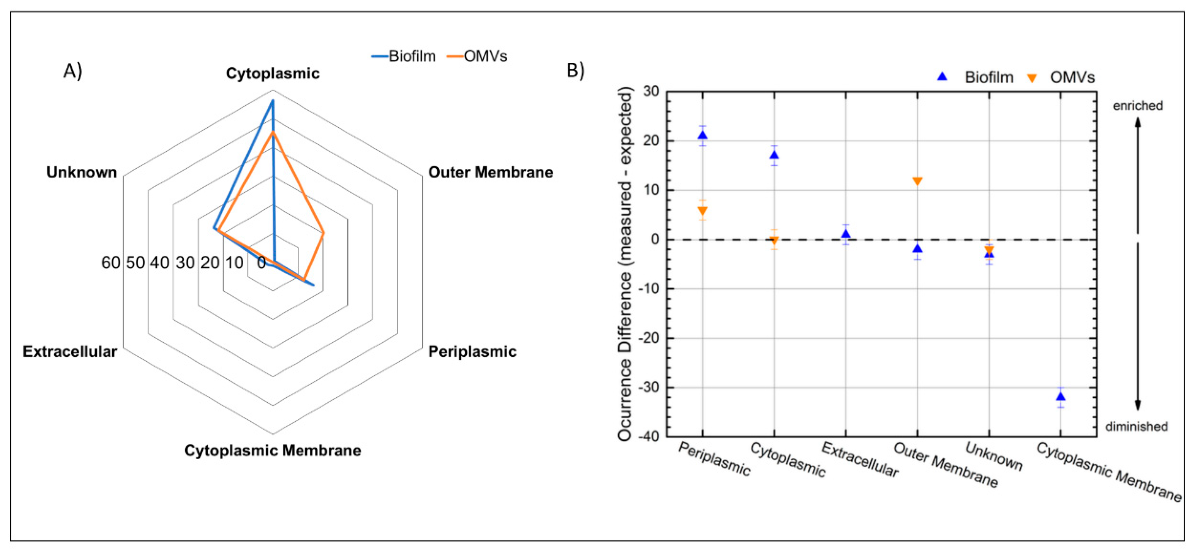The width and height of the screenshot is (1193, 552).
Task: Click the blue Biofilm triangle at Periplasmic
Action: (703, 135)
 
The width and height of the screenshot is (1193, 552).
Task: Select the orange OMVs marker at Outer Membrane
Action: (917, 181)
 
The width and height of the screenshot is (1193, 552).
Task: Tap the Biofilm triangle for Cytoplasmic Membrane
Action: (1061, 396)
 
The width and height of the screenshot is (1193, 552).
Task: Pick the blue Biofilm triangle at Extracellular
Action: (846, 234)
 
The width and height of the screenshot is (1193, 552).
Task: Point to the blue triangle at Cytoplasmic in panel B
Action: (774, 155)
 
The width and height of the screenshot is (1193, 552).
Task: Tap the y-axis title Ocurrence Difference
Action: (625, 264)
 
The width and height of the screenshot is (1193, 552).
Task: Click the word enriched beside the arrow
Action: (1138, 105)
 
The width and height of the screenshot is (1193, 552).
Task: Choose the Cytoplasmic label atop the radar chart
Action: (272, 73)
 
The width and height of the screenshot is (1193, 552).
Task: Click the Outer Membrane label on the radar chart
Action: (490, 172)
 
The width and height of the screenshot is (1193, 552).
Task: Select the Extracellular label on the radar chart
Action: (70, 352)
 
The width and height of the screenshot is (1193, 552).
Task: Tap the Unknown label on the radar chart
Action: (82, 172)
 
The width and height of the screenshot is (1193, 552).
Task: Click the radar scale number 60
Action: (111, 263)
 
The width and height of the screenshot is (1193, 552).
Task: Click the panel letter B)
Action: (576, 70)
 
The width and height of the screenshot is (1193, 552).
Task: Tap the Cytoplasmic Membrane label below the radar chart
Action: (272, 450)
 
